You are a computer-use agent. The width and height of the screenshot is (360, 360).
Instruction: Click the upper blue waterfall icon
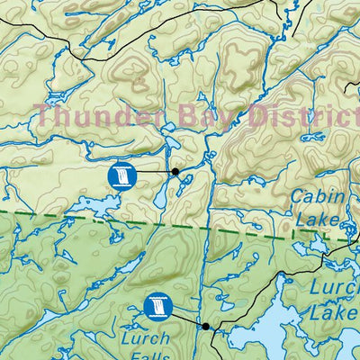coord(120,175)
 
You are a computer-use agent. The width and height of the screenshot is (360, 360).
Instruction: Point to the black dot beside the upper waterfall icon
coord(175,170)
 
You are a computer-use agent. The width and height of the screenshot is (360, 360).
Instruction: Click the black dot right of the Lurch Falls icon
coord(206,326)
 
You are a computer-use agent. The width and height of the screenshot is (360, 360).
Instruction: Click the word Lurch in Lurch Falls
coord(144,339)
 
